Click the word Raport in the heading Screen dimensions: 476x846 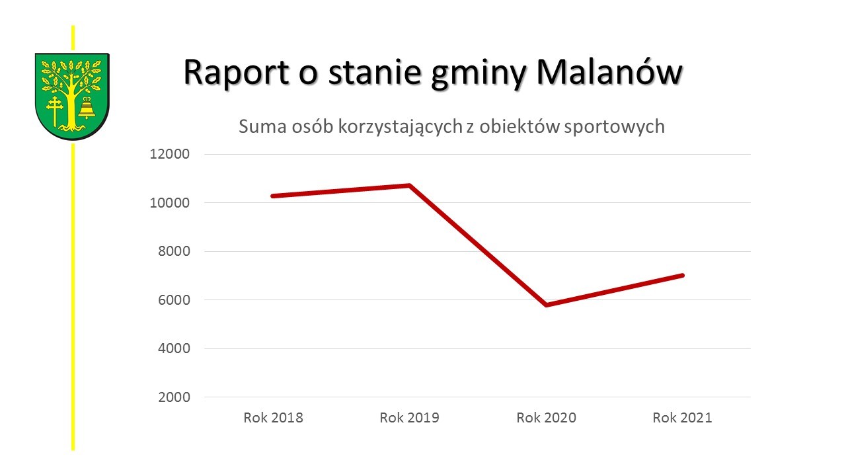236,73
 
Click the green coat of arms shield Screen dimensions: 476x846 72,96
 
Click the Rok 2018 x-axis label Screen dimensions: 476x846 273,418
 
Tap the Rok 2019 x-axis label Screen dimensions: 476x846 409,418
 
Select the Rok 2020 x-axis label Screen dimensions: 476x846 546,418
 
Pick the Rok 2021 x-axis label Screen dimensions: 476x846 682,418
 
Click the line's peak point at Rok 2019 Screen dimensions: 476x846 410,186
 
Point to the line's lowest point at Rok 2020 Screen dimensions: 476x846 546,305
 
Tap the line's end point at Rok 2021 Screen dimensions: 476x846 682,275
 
